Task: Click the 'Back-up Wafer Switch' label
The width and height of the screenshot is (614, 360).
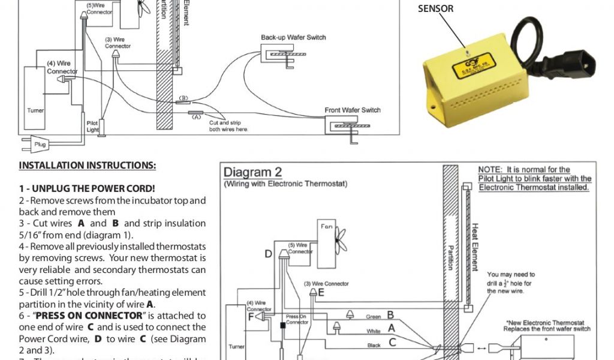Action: (293, 38)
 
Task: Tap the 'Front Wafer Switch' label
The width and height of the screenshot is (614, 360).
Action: (353, 110)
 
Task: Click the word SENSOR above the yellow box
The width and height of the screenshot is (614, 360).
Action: (435, 8)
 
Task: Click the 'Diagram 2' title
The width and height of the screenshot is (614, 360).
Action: (248, 173)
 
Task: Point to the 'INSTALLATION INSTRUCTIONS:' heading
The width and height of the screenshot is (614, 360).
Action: (88, 166)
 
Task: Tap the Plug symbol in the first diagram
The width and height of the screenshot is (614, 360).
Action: (40, 144)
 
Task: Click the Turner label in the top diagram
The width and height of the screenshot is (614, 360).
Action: (35, 110)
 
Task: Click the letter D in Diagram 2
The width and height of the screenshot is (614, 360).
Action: (269, 254)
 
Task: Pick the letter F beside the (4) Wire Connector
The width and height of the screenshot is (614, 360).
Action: (252, 316)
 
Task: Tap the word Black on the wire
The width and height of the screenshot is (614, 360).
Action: (374, 345)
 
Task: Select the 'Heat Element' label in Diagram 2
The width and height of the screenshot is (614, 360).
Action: (475, 247)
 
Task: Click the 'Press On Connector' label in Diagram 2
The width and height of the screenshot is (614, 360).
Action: (297, 319)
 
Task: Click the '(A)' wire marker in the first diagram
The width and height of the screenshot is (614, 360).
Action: (195, 118)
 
